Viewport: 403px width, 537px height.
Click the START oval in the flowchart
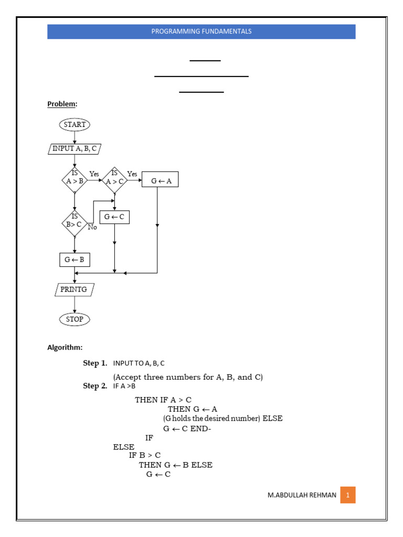75,124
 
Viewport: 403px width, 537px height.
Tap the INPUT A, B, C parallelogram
75,148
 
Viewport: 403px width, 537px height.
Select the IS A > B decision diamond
75,180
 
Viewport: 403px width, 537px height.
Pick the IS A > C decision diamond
114,180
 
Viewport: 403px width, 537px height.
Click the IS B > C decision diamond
75,223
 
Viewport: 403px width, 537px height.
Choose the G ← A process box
160,179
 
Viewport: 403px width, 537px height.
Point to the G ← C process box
114,217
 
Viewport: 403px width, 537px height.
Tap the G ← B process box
75,260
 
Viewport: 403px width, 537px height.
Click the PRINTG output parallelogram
75,289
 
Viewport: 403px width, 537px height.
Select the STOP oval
75,319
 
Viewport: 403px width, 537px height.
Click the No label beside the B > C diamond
92,227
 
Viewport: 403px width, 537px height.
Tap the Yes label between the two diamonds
94,174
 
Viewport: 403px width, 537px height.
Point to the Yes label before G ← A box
132,174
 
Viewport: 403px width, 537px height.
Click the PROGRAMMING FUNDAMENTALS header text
201,31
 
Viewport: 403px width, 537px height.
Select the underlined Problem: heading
62,104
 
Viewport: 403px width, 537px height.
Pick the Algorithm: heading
65,347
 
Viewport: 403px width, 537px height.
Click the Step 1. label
95,363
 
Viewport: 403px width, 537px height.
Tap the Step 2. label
95,386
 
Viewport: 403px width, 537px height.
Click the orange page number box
348,495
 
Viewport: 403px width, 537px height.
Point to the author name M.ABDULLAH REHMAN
302,495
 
